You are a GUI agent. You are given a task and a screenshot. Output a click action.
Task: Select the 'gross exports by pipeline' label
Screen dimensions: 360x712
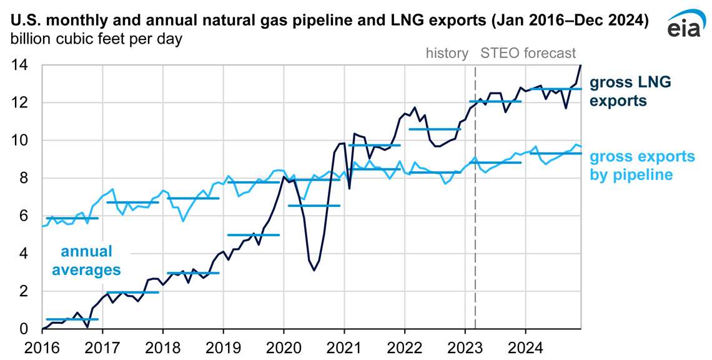click(642, 166)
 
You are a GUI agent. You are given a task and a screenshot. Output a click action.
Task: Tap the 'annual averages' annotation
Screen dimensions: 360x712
click(86, 261)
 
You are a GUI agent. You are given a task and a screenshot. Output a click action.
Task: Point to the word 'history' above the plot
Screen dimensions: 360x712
click(447, 53)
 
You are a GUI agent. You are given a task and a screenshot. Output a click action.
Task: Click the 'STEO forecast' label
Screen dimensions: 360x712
click(528, 53)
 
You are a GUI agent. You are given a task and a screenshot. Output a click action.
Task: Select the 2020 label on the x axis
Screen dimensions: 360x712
click(284, 346)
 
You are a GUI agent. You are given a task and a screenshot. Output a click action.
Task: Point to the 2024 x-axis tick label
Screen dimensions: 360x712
click(525, 346)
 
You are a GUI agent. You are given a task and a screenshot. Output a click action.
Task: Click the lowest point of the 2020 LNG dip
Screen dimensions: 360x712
click(314, 270)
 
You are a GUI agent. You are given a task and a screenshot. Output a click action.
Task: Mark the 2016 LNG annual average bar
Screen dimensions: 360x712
click(72, 319)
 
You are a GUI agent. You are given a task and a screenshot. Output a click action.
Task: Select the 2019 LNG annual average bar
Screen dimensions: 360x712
click(253, 235)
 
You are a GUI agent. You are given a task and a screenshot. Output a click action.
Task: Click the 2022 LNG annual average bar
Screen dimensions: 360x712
click(434, 129)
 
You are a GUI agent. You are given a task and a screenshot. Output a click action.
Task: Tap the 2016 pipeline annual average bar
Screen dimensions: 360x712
click(72, 218)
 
